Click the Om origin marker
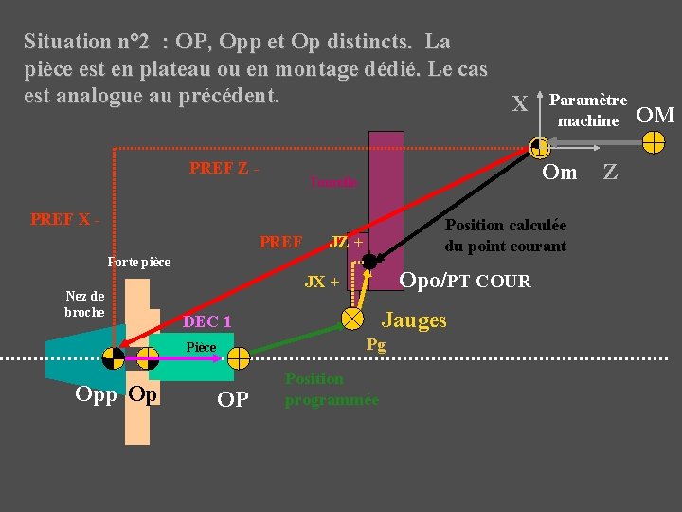click(539, 147)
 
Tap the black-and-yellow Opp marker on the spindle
click(113, 357)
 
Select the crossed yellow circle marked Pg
click(352, 317)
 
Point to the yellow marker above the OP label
click(238, 357)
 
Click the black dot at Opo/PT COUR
click(369, 261)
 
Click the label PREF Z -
click(224, 169)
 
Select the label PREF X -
click(65, 219)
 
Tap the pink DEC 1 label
click(207, 322)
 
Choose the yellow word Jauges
click(414, 320)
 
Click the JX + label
click(322, 282)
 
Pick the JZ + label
click(347, 242)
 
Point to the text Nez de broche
click(84, 303)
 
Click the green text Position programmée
click(332, 389)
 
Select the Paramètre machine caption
click(587, 110)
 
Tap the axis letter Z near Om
click(611, 173)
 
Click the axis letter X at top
click(519, 104)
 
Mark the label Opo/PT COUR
click(465, 281)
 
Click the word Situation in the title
click(67, 42)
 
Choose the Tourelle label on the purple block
click(333, 183)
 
